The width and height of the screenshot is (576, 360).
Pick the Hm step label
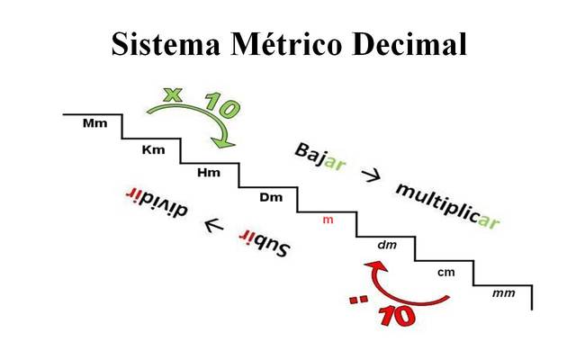[x=209, y=172]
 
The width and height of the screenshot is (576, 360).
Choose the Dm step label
[x=270, y=197]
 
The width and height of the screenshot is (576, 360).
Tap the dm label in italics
[x=387, y=245]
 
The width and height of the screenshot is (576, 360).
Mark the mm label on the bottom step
[x=503, y=293]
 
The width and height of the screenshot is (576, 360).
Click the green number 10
[x=220, y=105]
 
